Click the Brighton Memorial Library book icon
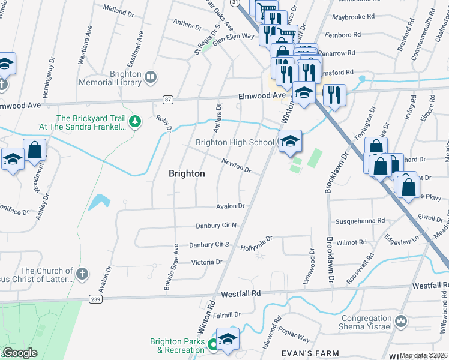tap(151, 77)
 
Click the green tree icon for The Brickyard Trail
tap(136, 122)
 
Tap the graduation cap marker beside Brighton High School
tap(290, 141)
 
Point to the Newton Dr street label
tap(236, 166)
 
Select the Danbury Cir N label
tap(216, 226)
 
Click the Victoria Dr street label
tap(206, 262)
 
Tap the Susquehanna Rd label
tap(360, 221)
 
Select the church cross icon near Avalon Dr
tap(83, 274)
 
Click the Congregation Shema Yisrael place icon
tap(401, 322)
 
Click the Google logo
tap(20, 353)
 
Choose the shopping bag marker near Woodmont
tap(34, 151)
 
